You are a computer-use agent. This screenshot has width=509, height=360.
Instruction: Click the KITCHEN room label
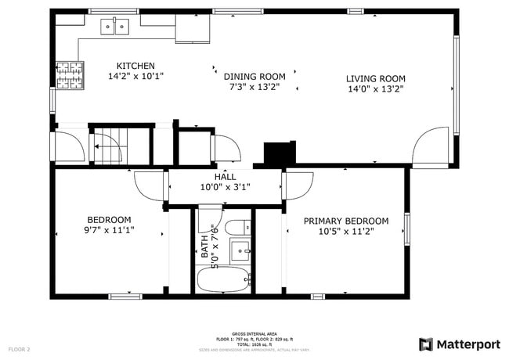tap(135, 66)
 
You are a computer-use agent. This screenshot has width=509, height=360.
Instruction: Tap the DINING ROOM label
tap(254, 77)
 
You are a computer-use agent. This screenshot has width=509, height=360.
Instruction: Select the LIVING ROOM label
tap(375, 78)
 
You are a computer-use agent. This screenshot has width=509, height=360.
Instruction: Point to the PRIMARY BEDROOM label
tap(345, 221)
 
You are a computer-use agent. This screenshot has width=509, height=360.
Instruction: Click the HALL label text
tap(225, 177)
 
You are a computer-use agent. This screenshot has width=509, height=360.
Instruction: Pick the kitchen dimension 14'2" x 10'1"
tap(135, 77)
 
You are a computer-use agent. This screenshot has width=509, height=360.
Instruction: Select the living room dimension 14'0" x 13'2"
tap(375, 89)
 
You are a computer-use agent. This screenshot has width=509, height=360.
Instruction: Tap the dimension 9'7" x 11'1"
tap(109, 230)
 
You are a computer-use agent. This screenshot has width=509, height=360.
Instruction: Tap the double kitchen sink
tap(115, 28)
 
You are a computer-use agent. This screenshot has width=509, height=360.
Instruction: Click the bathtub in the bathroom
tap(223, 279)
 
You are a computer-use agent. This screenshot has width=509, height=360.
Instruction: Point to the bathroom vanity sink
tap(240, 252)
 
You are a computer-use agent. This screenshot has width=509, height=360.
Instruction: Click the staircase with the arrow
tap(107, 144)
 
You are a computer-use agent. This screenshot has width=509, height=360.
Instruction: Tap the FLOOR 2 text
tap(20, 349)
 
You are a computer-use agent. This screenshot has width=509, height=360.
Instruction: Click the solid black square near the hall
tap(279, 153)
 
